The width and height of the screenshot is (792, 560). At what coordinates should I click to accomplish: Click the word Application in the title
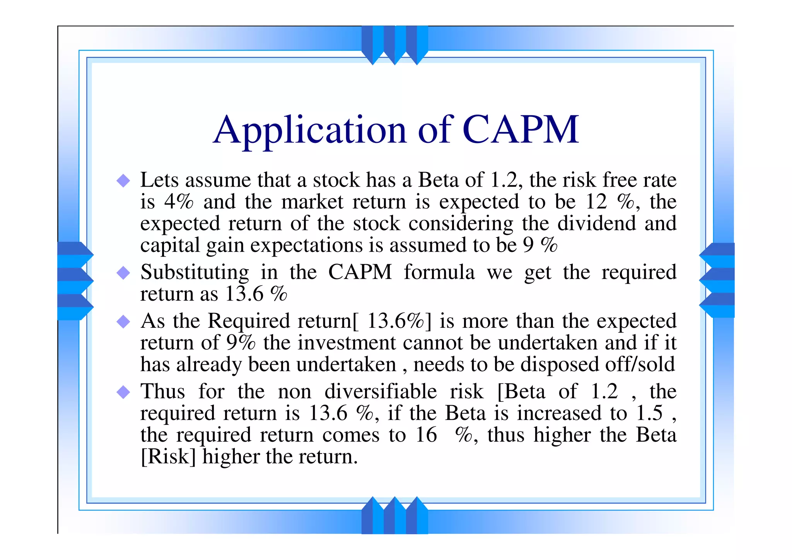coord(310,131)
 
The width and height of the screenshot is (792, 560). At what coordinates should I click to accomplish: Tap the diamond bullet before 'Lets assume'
coord(123,180)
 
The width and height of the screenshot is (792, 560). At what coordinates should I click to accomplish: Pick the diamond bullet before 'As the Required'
coord(123,321)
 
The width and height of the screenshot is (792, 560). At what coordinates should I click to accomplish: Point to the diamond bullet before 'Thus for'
coord(123,392)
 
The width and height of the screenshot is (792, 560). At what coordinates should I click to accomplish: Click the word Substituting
coord(195,272)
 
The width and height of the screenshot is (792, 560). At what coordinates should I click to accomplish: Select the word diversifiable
coord(381,391)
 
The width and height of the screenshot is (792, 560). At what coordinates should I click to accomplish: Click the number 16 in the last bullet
coord(426,435)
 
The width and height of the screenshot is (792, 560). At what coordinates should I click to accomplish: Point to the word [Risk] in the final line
coord(168,457)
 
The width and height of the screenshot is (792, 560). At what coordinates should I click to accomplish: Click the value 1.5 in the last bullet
coord(649,413)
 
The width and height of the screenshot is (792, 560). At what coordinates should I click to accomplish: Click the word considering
coord(461,224)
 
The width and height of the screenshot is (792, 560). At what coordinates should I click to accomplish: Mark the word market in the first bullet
coord(312,202)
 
